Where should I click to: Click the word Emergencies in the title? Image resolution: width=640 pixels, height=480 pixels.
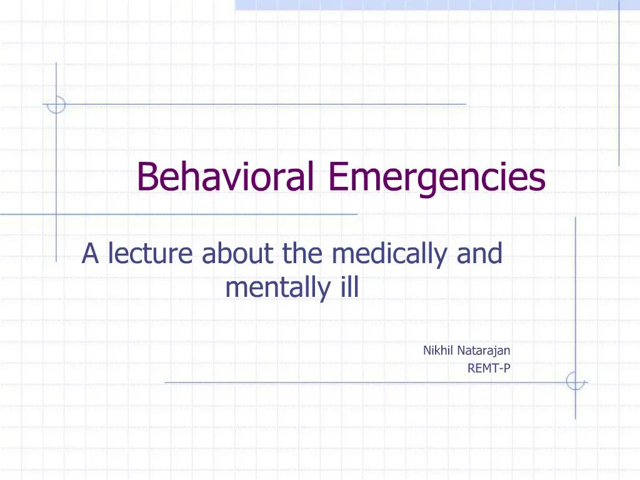pos(437,177)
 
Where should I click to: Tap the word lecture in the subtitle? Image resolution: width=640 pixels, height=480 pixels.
pos(152,254)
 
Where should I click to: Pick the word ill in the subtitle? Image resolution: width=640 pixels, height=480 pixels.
pos(348,288)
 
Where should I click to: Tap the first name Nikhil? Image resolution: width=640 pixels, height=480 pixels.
pos(436,351)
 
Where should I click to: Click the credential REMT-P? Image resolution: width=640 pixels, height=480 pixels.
pos(489,368)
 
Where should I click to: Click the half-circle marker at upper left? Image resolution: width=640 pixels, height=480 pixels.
pos(56,104)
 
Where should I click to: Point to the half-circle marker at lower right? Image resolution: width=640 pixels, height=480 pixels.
pos(575,381)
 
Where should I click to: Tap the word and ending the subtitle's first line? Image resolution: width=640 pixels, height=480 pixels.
pos(480,254)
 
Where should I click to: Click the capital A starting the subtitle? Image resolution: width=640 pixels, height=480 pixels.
pos(91,254)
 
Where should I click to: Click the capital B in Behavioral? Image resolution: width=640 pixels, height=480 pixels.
pos(146,176)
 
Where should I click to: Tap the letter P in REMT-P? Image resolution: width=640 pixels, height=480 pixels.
pos(507,368)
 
